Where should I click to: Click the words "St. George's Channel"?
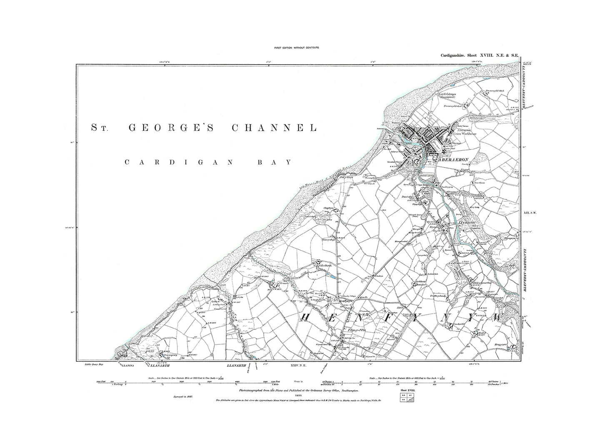[x=204, y=128]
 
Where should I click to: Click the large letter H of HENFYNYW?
[x=304, y=318]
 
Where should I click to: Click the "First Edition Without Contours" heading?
[x=296, y=48]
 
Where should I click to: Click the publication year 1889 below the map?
[x=297, y=395]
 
